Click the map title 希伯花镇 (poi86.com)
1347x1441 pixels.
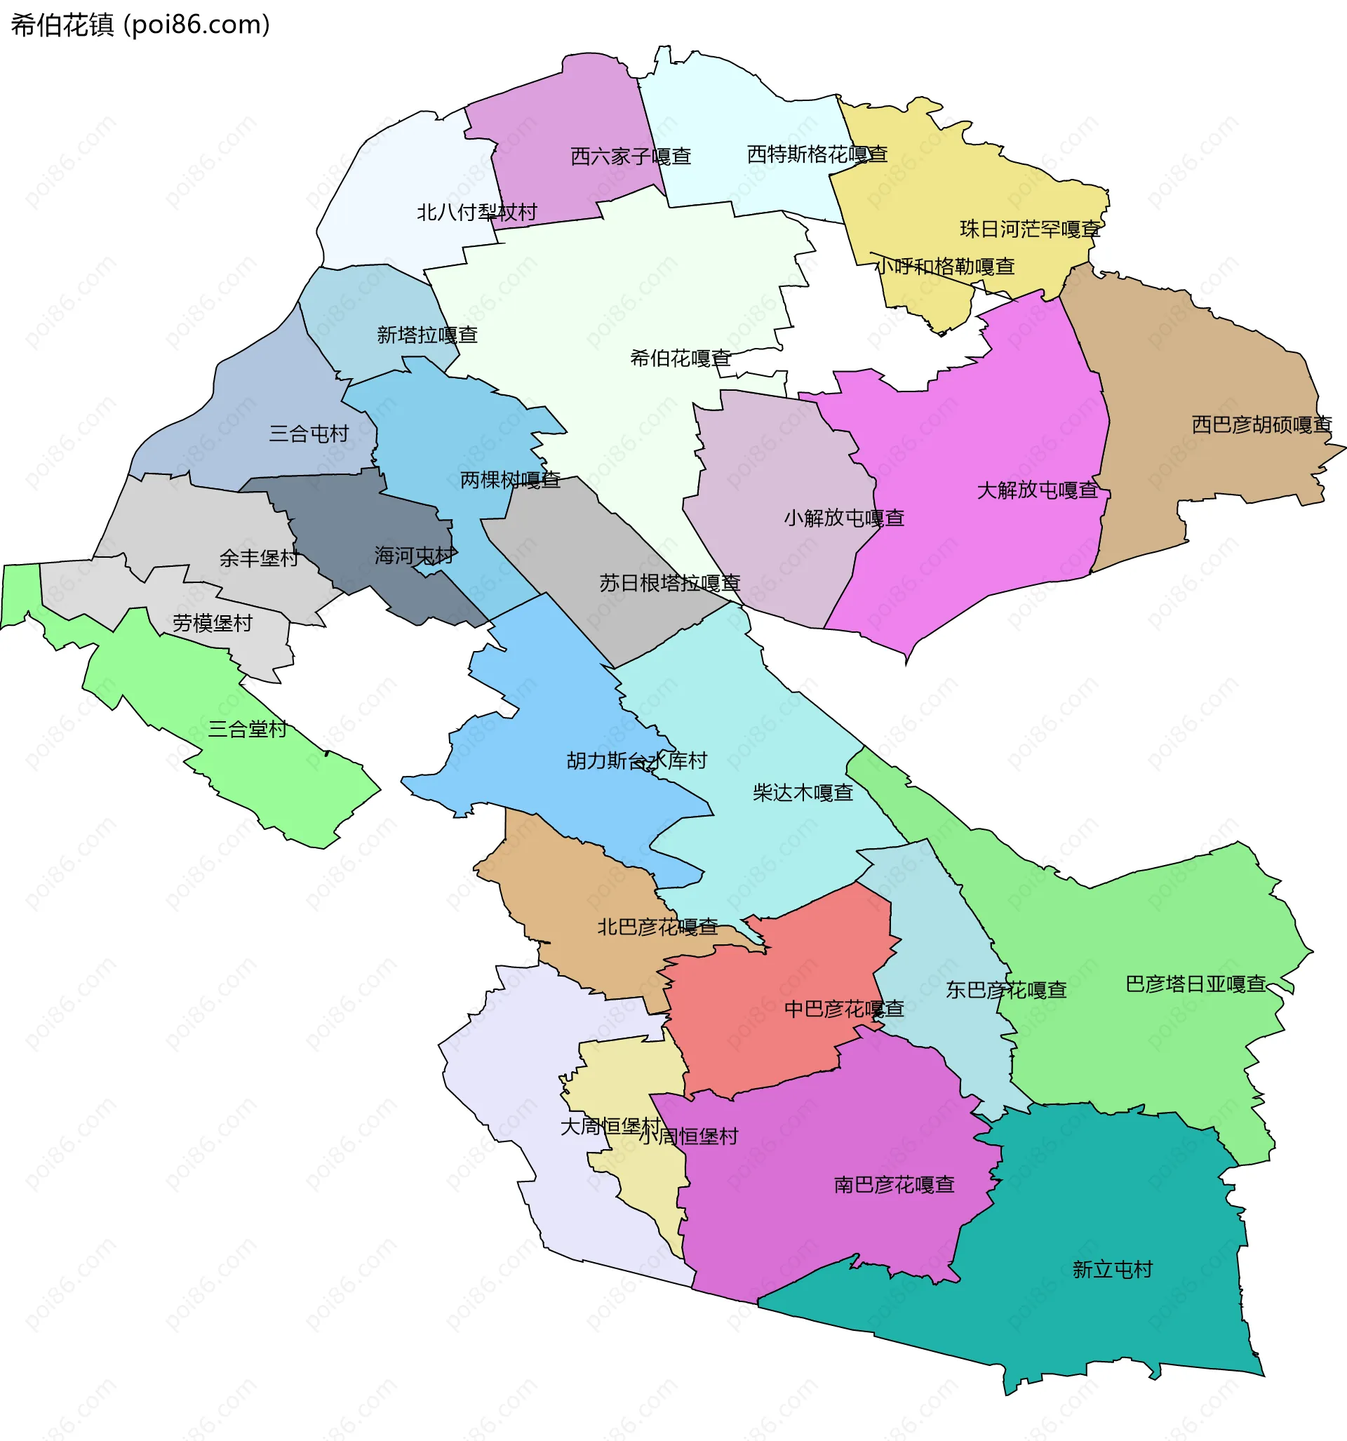[x=140, y=25]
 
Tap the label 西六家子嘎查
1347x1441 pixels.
[x=630, y=156]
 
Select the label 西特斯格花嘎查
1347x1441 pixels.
[x=817, y=154]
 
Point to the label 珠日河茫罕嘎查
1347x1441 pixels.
[x=1029, y=229]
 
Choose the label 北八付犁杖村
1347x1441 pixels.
[x=476, y=212]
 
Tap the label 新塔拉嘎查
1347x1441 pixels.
[x=427, y=334]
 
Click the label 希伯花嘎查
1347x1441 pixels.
[x=680, y=358]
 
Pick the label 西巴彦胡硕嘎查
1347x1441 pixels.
[x=1261, y=424]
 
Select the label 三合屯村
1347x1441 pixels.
[x=309, y=434]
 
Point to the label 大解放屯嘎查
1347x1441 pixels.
[x=1037, y=490]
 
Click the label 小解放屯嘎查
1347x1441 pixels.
[x=844, y=518]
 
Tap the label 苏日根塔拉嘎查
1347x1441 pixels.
[x=669, y=583]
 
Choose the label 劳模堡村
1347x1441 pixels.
[x=213, y=623]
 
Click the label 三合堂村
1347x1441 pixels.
[x=248, y=728]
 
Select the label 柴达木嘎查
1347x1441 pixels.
[x=803, y=792]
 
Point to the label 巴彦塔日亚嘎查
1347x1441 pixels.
[x=1195, y=984]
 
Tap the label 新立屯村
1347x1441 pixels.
[x=1112, y=1269]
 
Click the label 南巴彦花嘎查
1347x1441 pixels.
[x=894, y=1184]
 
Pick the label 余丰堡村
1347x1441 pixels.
[x=259, y=558]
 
